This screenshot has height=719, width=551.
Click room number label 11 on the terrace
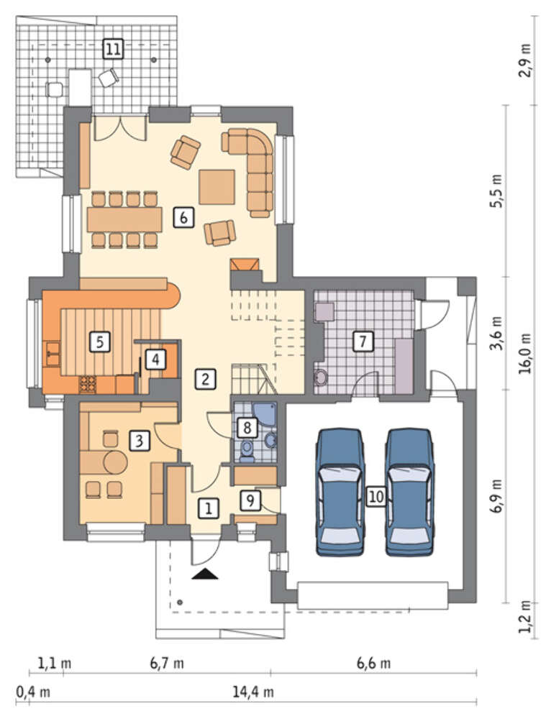pos(113,48)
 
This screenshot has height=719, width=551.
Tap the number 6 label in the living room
pos(183,217)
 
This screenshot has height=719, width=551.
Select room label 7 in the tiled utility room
pos(363,341)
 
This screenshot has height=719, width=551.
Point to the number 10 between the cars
pos(375,497)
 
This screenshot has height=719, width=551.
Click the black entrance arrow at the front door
pos(204,574)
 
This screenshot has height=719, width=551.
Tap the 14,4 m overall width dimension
pos(252,692)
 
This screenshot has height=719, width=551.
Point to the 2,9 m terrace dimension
pos(526,60)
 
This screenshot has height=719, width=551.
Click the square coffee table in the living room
pos(217,187)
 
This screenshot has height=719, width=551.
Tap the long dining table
pos(124,219)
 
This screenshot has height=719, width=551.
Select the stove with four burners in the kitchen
pos(88,385)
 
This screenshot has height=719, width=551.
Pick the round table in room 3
pos(115,462)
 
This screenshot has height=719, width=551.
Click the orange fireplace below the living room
pos(245,265)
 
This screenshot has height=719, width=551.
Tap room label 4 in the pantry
pos(155,359)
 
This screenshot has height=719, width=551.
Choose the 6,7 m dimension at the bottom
pos(167,663)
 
